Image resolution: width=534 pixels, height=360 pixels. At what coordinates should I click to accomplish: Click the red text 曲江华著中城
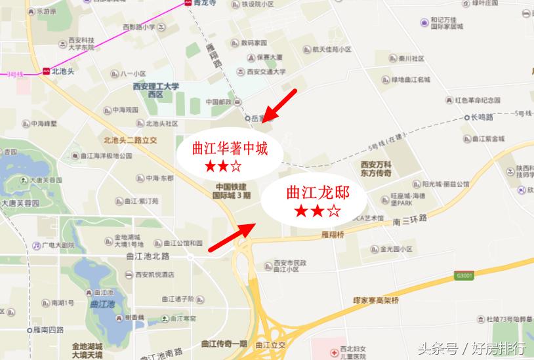click(x=229, y=148)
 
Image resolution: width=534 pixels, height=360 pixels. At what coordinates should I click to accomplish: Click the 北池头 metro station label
click(x=64, y=71)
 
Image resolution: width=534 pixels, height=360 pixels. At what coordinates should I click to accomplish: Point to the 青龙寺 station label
click(x=204, y=3)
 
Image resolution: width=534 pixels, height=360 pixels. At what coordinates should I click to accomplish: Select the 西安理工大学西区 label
click(x=156, y=90)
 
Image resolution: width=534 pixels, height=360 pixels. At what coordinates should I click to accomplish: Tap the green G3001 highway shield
click(x=463, y=276)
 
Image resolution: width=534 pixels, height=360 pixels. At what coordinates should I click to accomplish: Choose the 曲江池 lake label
click(x=102, y=304)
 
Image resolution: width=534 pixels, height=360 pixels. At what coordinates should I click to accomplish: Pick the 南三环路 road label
click(x=410, y=219)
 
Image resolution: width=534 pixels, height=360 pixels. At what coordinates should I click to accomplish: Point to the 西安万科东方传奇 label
click(x=376, y=169)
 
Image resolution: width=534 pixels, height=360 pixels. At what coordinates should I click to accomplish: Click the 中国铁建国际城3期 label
click(x=234, y=191)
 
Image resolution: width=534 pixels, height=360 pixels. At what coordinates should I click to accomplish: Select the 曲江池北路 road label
click(x=148, y=256)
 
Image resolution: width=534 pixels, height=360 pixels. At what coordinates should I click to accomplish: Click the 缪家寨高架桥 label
click(x=377, y=300)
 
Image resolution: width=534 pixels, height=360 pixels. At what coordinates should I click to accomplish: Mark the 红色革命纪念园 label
click(x=478, y=100)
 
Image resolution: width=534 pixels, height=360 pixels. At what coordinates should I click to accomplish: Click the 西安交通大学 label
click(x=266, y=72)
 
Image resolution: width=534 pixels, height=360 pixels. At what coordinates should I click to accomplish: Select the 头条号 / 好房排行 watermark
click(x=472, y=348)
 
